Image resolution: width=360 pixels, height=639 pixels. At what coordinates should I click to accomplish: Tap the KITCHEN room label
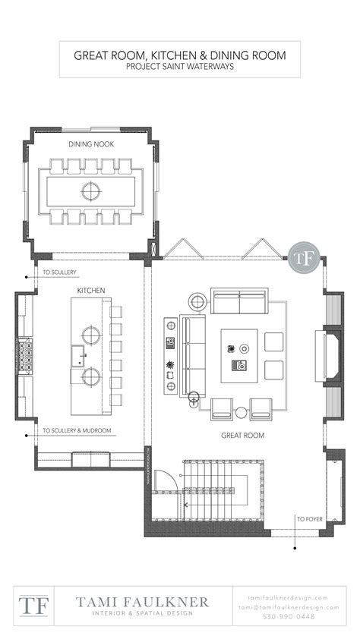(90, 291)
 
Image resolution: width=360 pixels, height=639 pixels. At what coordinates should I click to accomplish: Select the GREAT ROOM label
(242, 436)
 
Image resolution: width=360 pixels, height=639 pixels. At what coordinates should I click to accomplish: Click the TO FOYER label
(311, 519)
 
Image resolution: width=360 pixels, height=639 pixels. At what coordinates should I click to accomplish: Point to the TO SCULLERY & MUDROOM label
(77, 430)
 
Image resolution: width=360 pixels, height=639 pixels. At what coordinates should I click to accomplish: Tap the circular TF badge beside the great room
(302, 257)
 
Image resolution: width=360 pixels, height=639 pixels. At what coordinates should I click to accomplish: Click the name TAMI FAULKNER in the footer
(141, 601)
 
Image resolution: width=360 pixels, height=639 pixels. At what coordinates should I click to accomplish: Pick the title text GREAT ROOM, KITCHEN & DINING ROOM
(180, 55)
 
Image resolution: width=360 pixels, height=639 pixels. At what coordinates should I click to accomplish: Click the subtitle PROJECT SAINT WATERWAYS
(180, 66)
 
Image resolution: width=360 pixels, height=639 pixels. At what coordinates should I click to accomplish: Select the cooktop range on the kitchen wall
(24, 355)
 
